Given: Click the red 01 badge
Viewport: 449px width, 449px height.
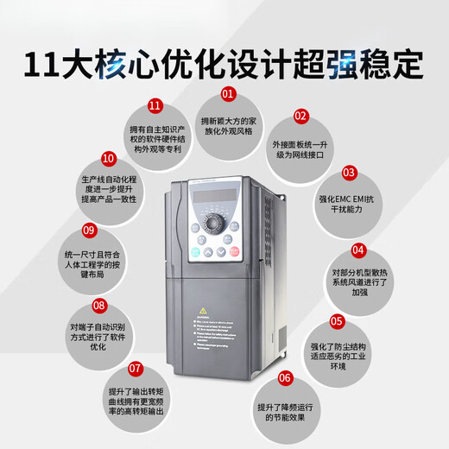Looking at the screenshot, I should (229, 92).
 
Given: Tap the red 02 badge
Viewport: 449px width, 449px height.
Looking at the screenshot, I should (300, 116).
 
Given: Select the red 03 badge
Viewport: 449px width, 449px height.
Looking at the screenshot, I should (349, 172).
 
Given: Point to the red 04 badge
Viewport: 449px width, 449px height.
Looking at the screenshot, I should (358, 250).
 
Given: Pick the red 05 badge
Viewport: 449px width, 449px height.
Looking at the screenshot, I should (338, 321).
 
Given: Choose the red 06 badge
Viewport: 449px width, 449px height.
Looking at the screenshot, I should (285, 377).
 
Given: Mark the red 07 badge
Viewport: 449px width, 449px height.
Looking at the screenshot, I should (135, 367).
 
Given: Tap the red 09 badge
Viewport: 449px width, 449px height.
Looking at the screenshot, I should (88, 231).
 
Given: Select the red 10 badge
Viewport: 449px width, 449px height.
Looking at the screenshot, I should (108, 158).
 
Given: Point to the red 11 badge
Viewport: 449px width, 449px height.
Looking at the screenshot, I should (155, 105).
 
